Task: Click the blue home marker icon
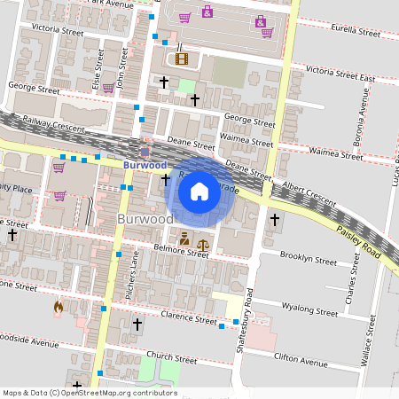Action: pos(199,190)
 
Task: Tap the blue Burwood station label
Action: pos(145,165)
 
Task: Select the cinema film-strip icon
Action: pos(182,59)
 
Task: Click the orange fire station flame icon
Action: pos(59,308)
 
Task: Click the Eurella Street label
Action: pos(354,29)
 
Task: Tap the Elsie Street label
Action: pos(98,65)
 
